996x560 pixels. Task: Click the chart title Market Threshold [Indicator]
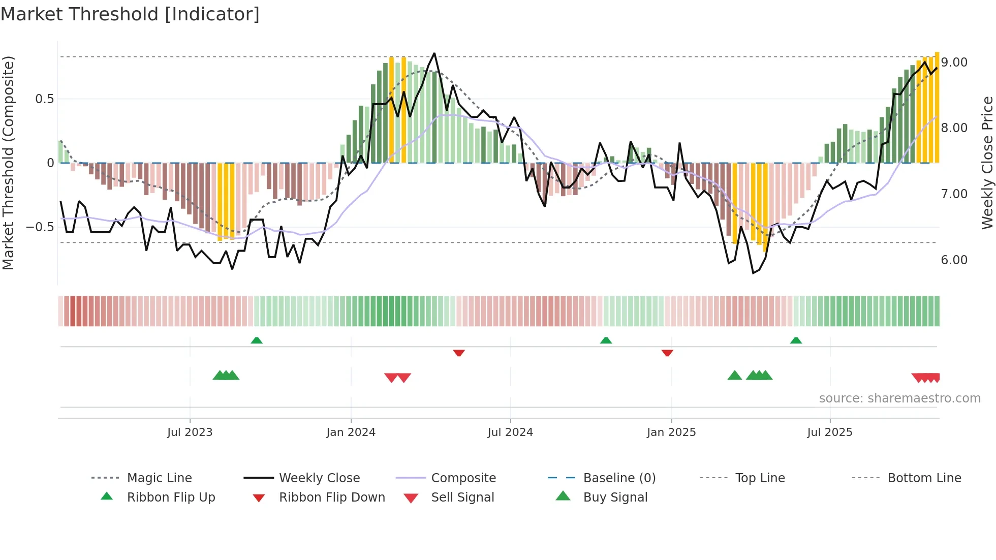tap(130, 14)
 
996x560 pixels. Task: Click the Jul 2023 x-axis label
tap(190, 432)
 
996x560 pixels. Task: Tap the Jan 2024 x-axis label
tap(351, 432)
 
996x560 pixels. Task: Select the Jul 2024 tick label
tap(510, 432)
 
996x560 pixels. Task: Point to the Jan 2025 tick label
tap(671, 432)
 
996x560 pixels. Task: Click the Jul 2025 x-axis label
tap(829, 432)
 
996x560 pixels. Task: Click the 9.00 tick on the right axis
tap(954, 63)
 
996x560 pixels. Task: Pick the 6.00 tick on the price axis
tap(954, 260)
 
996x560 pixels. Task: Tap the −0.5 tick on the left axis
tap(40, 227)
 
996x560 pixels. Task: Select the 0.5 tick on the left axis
tap(44, 99)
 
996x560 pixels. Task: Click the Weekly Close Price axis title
tap(987, 163)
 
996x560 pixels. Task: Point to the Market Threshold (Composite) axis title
tap(8, 163)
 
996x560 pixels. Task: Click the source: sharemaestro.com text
tap(899, 398)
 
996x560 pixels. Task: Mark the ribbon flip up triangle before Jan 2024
tap(257, 340)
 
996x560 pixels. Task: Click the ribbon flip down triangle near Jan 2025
tap(667, 353)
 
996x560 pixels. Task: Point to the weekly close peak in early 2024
tap(434, 53)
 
